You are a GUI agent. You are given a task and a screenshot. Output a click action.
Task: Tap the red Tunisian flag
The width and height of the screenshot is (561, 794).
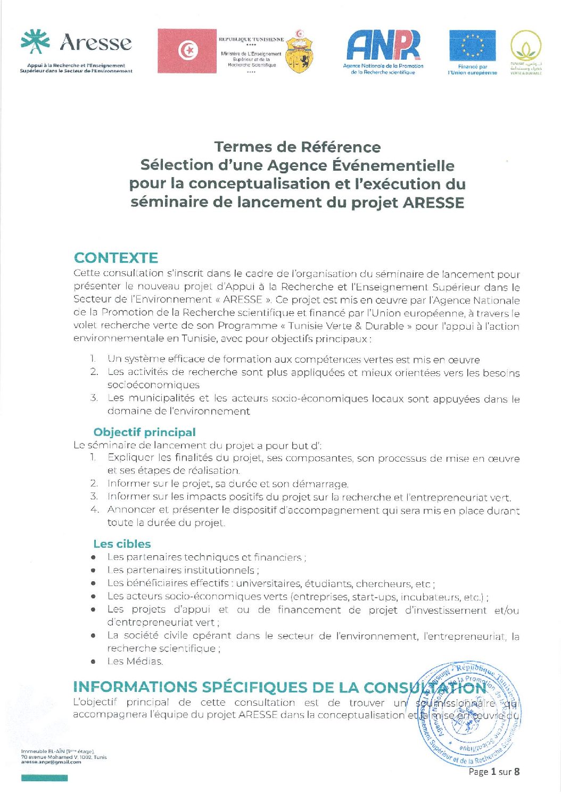(187, 51)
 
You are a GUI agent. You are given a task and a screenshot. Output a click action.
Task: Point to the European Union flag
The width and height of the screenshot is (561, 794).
(472, 46)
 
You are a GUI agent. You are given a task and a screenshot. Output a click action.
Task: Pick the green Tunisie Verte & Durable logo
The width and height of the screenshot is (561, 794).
(526, 52)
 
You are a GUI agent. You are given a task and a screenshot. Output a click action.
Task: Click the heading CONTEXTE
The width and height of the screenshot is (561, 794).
(116, 258)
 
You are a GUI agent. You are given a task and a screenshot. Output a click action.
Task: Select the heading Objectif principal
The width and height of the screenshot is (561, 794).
(144, 432)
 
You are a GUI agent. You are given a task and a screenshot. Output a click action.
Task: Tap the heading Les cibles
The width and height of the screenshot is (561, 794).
(122, 544)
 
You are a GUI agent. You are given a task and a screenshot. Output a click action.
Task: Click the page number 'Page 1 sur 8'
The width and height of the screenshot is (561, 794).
(494, 771)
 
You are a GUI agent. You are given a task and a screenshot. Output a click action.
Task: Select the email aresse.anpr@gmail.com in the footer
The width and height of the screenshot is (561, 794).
(51, 762)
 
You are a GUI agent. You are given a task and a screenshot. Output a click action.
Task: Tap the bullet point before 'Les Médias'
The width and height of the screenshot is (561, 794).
(93, 662)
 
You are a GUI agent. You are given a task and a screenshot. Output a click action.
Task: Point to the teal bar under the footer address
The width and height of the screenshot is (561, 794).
(45, 778)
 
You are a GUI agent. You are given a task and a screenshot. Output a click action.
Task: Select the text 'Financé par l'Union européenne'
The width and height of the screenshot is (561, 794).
(472, 70)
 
